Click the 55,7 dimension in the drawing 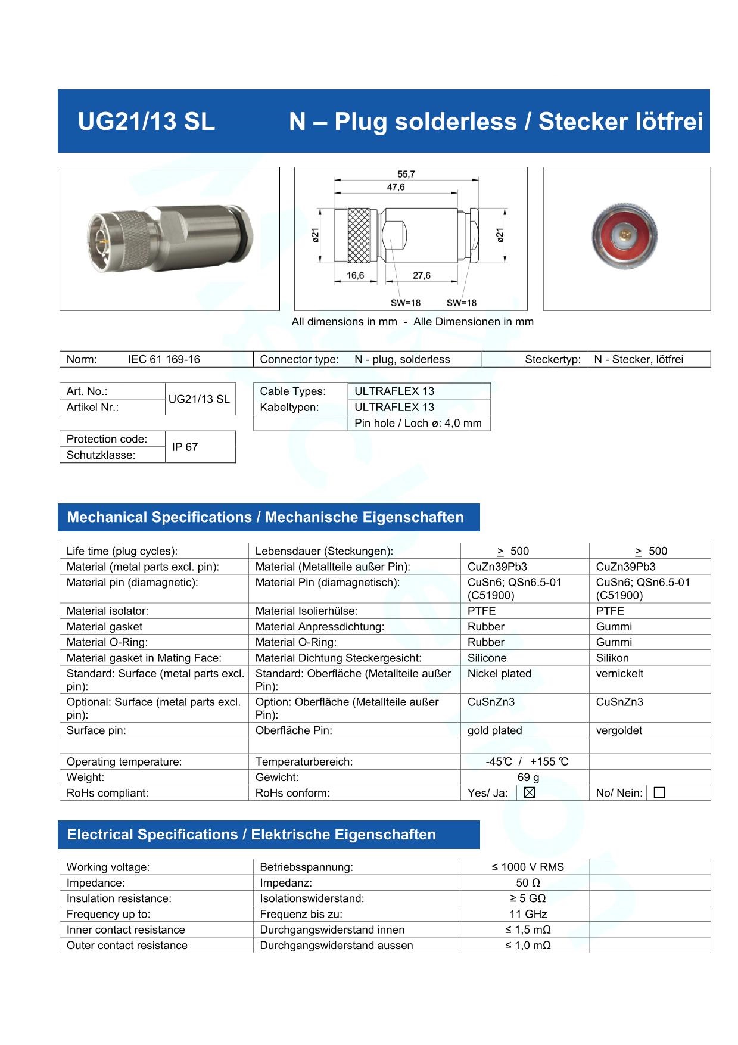click(x=406, y=174)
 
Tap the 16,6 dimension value click(x=356, y=276)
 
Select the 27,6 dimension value click(x=421, y=276)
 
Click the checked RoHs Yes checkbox click(x=530, y=793)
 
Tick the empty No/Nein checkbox click(x=659, y=793)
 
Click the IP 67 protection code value click(x=185, y=447)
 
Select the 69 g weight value click(x=528, y=777)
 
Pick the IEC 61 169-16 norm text click(x=164, y=359)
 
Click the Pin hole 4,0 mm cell click(x=418, y=423)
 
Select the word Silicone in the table click(x=487, y=658)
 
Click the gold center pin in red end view click(x=625, y=234)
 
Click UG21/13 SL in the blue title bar click(x=147, y=122)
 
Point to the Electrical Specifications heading click(x=251, y=835)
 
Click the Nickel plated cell click(x=499, y=674)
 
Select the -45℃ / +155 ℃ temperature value click(x=527, y=762)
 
